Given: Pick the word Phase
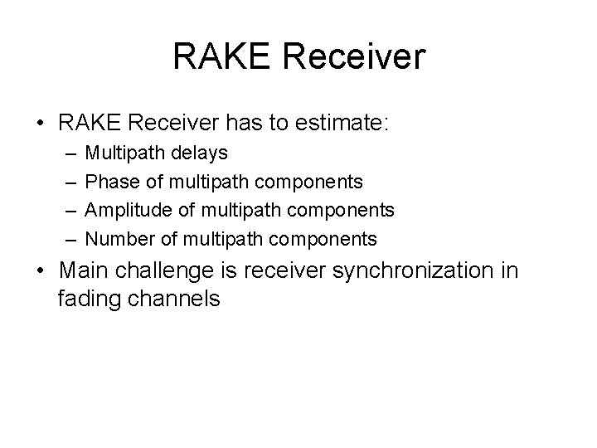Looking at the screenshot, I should tap(109, 182).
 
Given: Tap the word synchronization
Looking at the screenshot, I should tap(415, 270).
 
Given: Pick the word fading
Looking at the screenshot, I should tap(88, 299).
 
